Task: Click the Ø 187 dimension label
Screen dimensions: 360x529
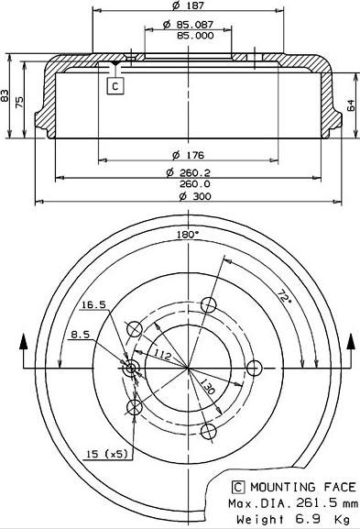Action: point(188,6)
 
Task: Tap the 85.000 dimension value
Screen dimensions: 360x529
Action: point(195,36)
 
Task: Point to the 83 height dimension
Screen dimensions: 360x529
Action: point(5,95)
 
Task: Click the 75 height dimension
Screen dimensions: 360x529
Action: point(19,102)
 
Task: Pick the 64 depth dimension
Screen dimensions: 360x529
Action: point(351,105)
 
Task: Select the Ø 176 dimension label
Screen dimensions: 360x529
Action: point(188,155)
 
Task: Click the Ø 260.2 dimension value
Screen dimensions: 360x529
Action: point(188,172)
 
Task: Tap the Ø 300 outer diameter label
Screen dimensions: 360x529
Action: point(195,196)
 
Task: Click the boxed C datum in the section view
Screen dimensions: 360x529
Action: point(115,86)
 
